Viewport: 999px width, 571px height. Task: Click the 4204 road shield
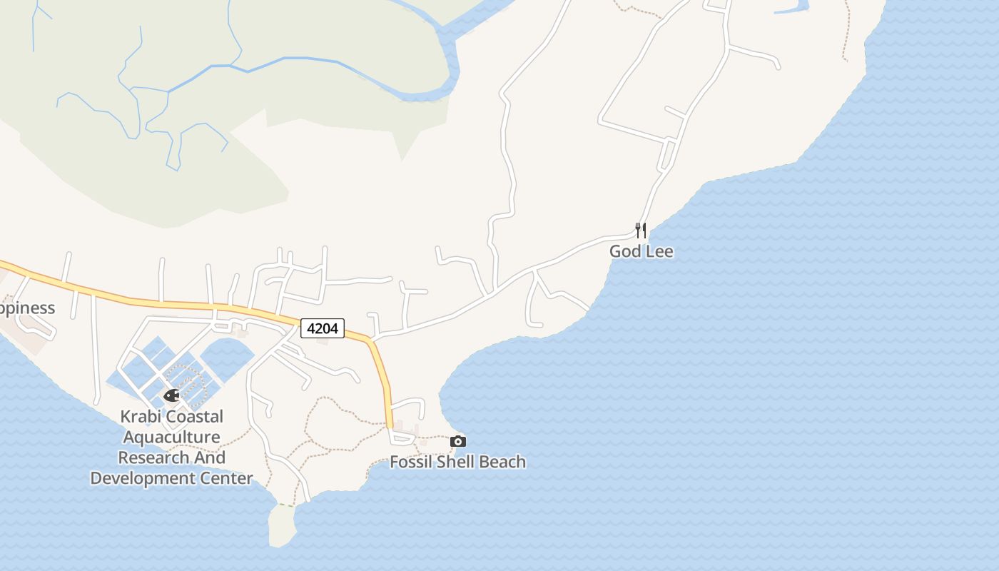tap(323, 328)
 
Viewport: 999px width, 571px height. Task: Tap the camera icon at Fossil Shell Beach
tap(458, 442)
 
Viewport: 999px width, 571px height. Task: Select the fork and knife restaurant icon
tap(641, 230)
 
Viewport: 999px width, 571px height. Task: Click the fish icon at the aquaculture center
tap(171, 395)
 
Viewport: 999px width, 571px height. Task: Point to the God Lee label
tap(641, 251)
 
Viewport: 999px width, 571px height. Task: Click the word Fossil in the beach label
tap(411, 462)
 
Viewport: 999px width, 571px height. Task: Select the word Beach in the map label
tap(502, 462)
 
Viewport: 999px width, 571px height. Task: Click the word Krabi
tap(141, 416)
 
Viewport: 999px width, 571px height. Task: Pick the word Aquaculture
tap(171, 437)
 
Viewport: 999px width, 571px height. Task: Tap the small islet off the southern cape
tap(282, 526)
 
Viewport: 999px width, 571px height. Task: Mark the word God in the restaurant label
tap(624, 251)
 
